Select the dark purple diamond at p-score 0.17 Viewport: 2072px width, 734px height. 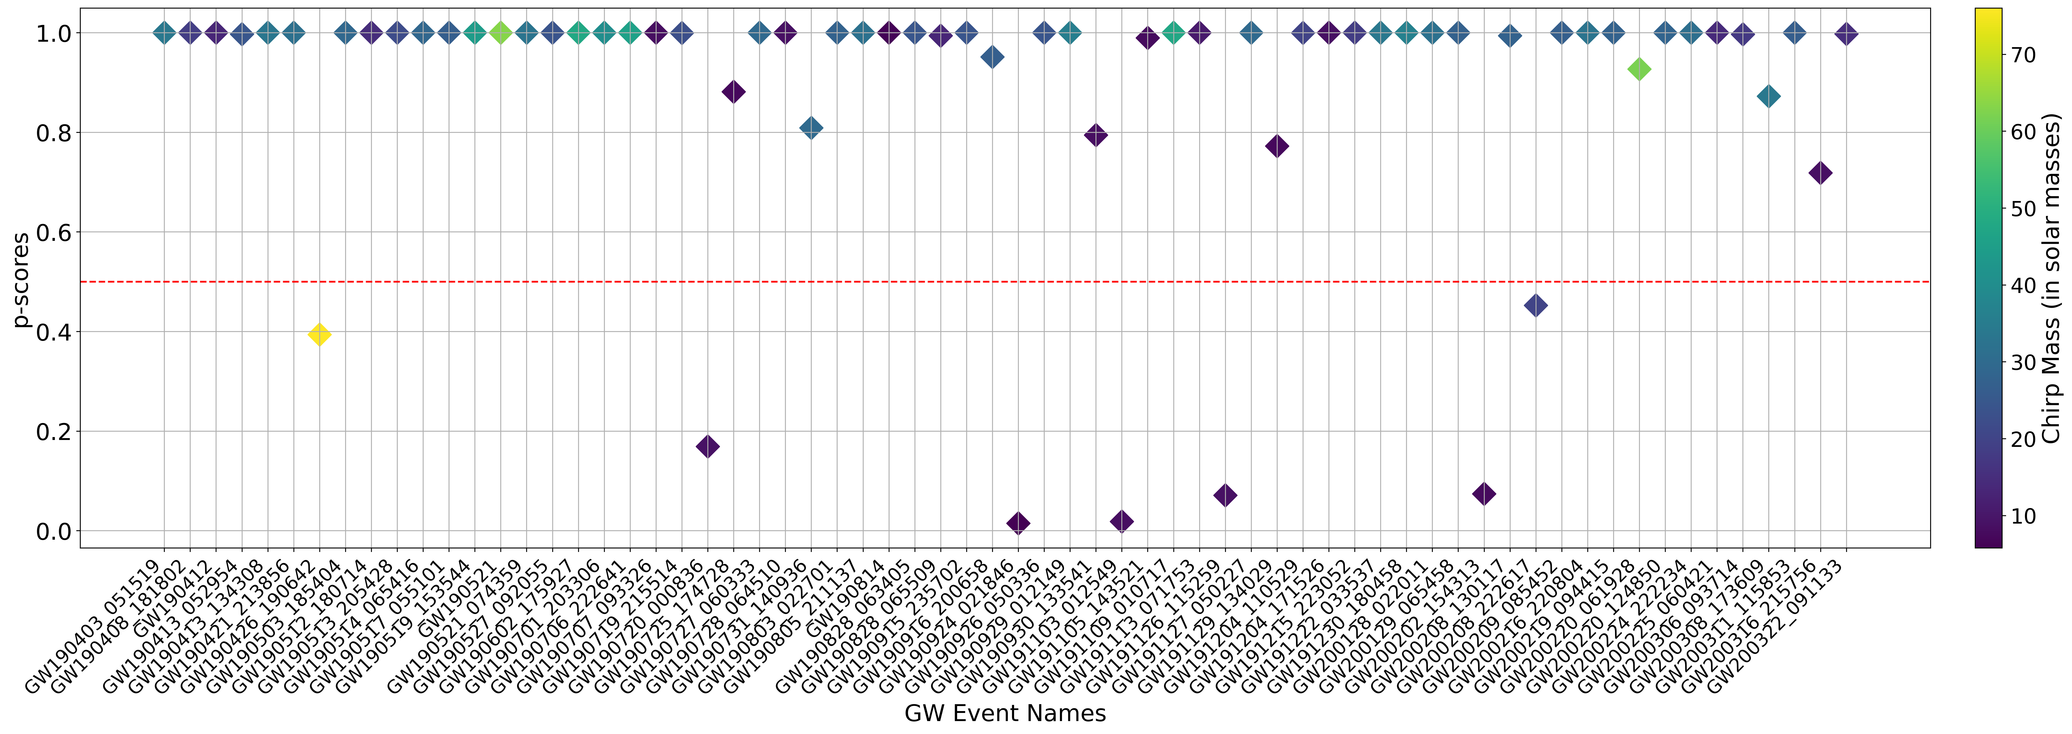(707, 446)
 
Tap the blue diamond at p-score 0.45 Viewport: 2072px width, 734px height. (1536, 305)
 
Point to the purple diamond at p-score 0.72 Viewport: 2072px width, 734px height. (1820, 173)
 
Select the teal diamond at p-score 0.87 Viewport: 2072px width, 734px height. (1768, 97)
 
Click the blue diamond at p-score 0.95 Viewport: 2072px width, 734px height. (993, 57)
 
